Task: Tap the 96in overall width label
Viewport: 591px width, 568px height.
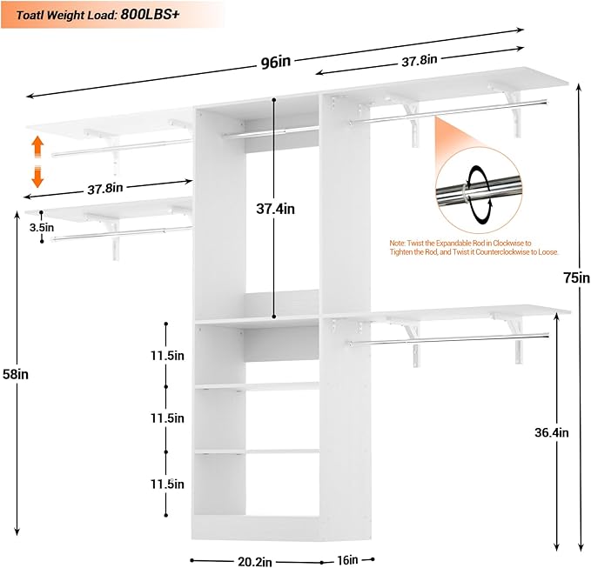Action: point(274,62)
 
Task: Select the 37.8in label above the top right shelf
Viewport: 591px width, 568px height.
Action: point(419,60)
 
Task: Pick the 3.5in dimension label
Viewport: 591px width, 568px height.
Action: point(41,227)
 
